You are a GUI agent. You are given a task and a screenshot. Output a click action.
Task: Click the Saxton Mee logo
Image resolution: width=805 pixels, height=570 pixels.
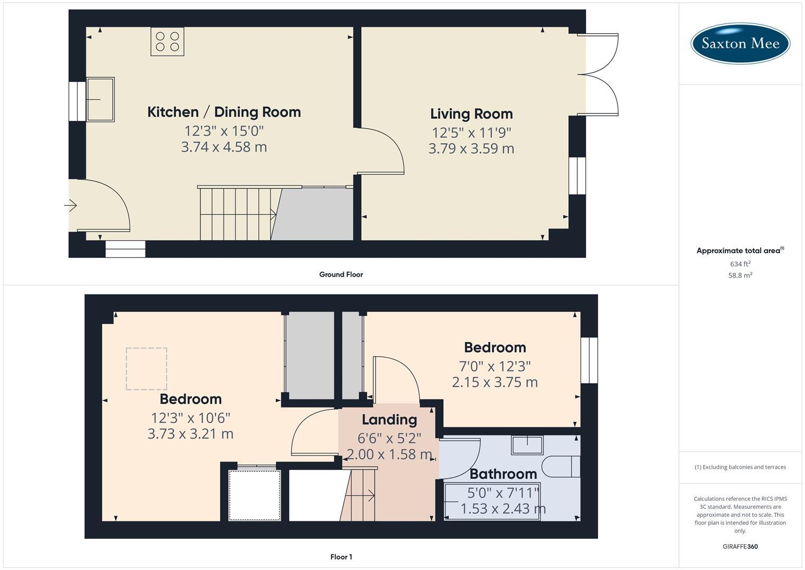coord(740,43)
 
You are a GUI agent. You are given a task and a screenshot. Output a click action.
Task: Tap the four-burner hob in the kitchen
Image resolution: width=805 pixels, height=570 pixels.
coord(167,42)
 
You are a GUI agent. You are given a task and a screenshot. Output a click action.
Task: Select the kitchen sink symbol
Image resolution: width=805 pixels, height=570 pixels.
coord(100,99)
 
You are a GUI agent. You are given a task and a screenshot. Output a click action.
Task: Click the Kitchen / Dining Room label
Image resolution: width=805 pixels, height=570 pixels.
coord(224,112)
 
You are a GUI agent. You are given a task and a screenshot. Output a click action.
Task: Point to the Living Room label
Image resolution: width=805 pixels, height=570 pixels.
coord(471,114)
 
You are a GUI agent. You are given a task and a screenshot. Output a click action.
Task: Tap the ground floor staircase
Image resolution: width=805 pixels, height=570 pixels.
coord(237,214)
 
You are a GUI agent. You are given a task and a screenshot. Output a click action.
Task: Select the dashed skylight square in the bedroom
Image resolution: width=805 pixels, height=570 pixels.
coord(147,369)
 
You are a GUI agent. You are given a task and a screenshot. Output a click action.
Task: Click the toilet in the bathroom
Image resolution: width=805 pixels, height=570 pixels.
coord(561,467)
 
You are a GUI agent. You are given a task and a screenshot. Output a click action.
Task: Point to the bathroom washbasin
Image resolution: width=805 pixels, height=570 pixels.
coord(527,445)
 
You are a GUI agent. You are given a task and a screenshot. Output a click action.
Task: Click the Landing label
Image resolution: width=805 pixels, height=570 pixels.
coord(389,420)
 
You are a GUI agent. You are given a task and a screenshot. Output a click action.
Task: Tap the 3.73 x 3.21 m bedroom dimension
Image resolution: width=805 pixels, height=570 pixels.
coord(190,434)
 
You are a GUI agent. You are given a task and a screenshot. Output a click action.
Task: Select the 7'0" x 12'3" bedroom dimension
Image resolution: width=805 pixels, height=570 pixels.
coord(494,365)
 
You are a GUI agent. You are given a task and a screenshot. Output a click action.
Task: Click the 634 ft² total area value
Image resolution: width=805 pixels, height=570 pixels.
coord(740,264)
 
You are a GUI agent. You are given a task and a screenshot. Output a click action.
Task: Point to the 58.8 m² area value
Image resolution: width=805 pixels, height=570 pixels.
coord(740,275)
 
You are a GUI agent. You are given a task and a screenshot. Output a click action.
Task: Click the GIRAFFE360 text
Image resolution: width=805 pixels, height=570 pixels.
coord(740,547)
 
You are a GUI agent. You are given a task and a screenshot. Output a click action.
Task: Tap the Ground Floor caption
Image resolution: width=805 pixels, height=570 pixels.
coord(341,274)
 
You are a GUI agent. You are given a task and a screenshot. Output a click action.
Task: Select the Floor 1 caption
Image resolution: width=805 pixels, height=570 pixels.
coord(341,557)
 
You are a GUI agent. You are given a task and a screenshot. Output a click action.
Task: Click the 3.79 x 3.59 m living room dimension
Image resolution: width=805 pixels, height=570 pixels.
coord(471,149)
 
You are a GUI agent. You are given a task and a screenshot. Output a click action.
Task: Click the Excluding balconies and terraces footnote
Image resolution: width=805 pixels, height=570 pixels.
coord(740,467)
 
